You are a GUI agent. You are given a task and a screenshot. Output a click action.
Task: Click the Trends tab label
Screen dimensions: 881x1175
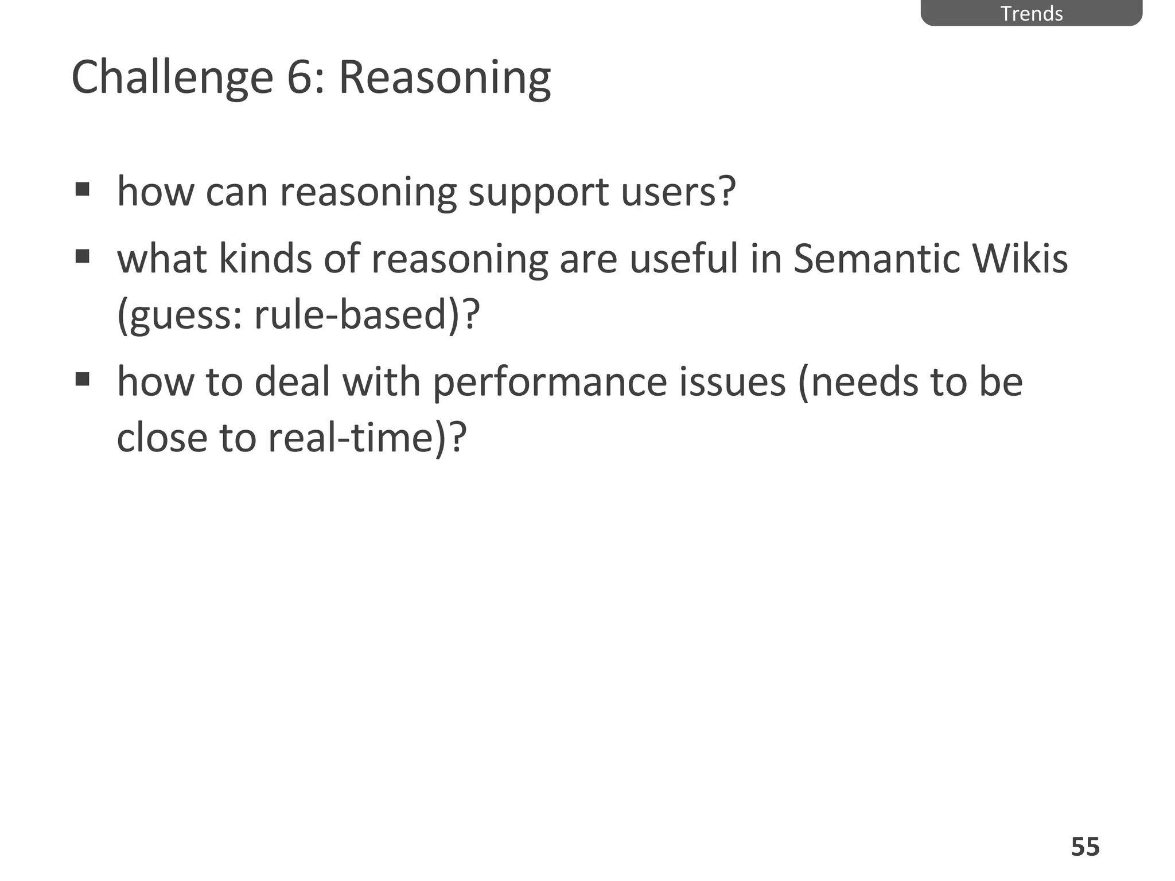click(x=1032, y=13)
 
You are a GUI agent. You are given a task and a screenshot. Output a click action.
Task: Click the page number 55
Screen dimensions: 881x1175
click(x=1085, y=847)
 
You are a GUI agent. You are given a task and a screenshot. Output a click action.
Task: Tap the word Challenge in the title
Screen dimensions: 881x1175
click(x=172, y=77)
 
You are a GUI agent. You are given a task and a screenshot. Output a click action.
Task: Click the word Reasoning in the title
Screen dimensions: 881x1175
click(x=445, y=79)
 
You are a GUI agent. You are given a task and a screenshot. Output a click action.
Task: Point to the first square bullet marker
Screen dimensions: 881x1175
click(x=83, y=189)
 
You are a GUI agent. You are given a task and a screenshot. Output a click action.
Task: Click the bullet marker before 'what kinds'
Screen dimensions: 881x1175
click(x=83, y=255)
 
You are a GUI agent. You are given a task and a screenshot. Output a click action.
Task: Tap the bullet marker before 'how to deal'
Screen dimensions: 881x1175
click(x=83, y=379)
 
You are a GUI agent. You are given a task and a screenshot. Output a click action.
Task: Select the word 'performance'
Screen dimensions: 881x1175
click(x=550, y=382)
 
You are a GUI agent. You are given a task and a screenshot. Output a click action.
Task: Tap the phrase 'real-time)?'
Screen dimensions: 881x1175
click(x=368, y=438)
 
